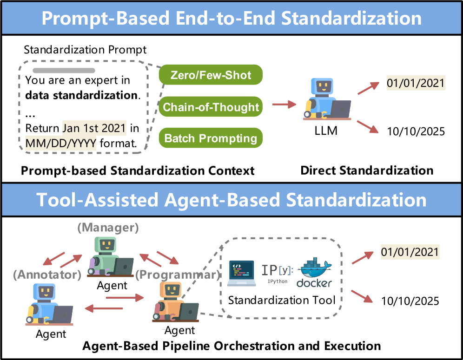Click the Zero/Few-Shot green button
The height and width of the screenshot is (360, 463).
[x=211, y=75]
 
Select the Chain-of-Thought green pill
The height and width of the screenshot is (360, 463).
[x=211, y=107]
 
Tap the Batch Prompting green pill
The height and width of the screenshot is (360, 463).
[x=211, y=138]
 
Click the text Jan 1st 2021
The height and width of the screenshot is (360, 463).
[x=94, y=128]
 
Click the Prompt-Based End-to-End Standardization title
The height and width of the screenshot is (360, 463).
[x=231, y=18]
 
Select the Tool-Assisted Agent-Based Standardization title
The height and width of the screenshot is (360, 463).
[x=231, y=200]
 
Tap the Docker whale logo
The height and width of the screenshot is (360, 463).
[x=314, y=272]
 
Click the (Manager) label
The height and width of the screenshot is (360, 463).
[x=108, y=228]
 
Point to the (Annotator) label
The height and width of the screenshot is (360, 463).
[x=47, y=275]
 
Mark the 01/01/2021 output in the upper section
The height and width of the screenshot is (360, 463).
[x=416, y=84]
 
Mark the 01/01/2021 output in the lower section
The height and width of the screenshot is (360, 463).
[x=410, y=252]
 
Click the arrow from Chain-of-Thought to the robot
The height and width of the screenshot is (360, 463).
[x=284, y=105]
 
